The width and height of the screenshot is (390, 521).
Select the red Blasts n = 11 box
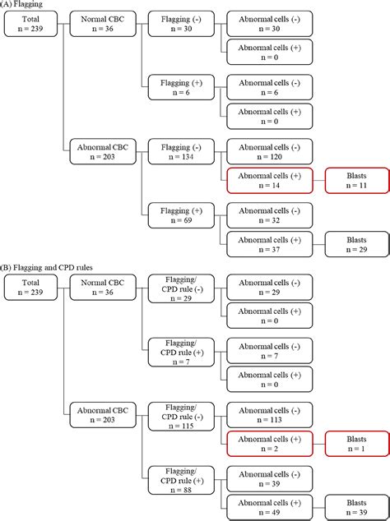[x=355, y=181]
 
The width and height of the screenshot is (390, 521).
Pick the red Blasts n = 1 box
[x=355, y=444]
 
